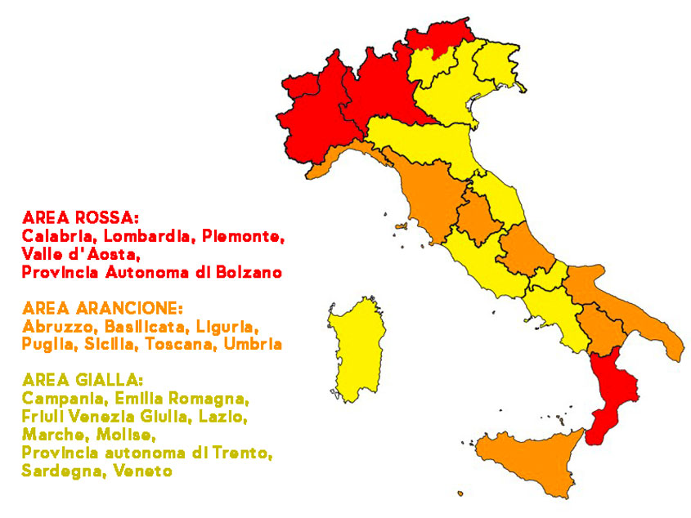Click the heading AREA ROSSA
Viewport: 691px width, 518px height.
[80, 219]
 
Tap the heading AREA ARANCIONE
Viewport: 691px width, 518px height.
[103, 309]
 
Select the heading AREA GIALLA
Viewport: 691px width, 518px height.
[83, 381]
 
